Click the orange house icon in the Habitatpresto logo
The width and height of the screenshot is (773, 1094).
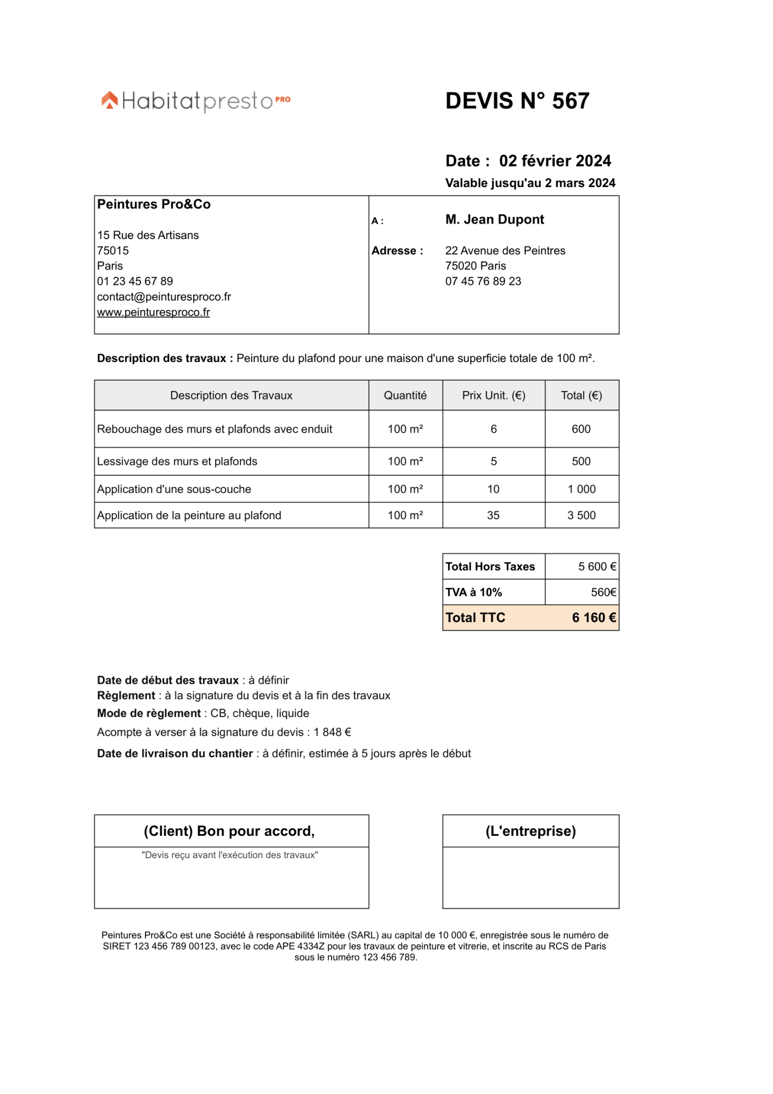tap(109, 100)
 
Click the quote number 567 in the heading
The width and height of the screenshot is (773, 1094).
tap(570, 101)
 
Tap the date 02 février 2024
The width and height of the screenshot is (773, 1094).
tap(555, 161)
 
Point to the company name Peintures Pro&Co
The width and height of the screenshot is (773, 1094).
tap(154, 204)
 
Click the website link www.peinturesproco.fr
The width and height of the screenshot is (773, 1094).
tap(153, 312)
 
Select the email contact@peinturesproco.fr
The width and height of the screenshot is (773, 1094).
tap(164, 296)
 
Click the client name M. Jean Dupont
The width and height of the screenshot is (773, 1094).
tap(495, 219)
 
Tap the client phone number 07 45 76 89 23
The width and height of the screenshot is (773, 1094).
tap(483, 281)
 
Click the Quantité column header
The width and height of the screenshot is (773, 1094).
tap(405, 395)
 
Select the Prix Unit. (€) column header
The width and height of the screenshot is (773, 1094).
tap(493, 395)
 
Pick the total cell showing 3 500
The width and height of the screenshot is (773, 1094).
tap(581, 515)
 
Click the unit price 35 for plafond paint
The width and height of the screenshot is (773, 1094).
tap(493, 515)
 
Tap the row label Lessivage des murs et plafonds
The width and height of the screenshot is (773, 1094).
tap(177, 461)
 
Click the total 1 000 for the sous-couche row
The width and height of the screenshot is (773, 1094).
tap(581, 489)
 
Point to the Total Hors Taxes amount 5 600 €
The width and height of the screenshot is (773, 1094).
tap(597, 567)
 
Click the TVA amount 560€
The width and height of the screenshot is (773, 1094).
tap(603, 592)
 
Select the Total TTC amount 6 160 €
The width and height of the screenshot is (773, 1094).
tap(594, 618)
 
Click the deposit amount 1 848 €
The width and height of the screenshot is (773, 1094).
tap(332, 732)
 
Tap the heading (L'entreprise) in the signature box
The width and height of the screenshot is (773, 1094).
tap(530, 831)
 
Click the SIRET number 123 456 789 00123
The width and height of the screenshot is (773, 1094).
tap(175, 946)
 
